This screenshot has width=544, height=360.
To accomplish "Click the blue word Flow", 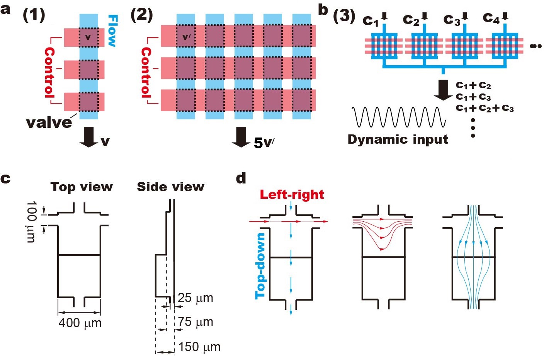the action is click(x=112, y=31).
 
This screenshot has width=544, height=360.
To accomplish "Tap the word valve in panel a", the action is click(x=49, y=123).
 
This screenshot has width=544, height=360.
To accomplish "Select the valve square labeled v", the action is click(x=88, y=37).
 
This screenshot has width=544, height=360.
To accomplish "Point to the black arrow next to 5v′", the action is click(x=241, y=137).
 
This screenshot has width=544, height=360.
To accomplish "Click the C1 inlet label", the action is click(x=371, y=20).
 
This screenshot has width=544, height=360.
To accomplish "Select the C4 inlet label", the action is click(x=491, y=19).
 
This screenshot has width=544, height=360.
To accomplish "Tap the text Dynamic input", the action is click(x=398, y=139).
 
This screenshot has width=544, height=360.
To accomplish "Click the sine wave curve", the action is click(x=399, y=117).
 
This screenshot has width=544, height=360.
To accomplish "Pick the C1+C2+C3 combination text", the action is click(x=485, y=108).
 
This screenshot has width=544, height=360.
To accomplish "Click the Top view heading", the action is click(x=82, y=187).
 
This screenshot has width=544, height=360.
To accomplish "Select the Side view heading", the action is click(x=170, y=187).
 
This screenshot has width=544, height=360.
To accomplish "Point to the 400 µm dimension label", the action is click(x=80, y=323).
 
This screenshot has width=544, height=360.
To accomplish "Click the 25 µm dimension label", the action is click(x=195, y=298).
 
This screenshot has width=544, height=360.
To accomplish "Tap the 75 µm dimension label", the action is click(x=195, y=322).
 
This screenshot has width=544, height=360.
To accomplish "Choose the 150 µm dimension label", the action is click(x=199, y=347).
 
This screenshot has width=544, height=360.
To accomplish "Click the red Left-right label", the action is click(x=292, y=195).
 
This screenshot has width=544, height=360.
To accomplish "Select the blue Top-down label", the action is click(x=260, y=266).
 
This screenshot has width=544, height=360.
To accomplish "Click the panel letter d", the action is click(x=241, y=178).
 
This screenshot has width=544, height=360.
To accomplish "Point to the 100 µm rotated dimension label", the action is click(x=32, y=221).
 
